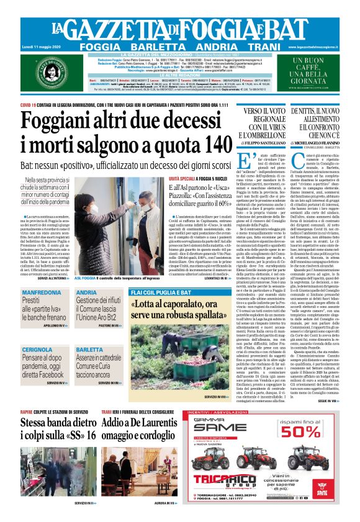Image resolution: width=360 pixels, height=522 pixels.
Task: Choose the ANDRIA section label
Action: [x=87, y=292]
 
